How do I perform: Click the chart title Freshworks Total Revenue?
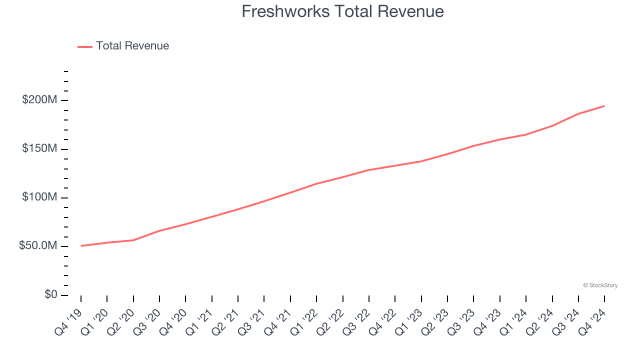tap(342, 11)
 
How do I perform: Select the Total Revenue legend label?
tap(132, 46)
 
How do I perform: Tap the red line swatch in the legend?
tap(85, 46)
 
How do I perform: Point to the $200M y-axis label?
tap(39, 100)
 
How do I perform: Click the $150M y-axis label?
tap(39, 149)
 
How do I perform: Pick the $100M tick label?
tap(39, 197)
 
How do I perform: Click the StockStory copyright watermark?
tap(600, 285)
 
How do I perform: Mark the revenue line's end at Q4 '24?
tap(604, 106)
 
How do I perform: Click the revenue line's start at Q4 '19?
tap(81, 245)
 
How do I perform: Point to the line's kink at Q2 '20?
tap(133, 240)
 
